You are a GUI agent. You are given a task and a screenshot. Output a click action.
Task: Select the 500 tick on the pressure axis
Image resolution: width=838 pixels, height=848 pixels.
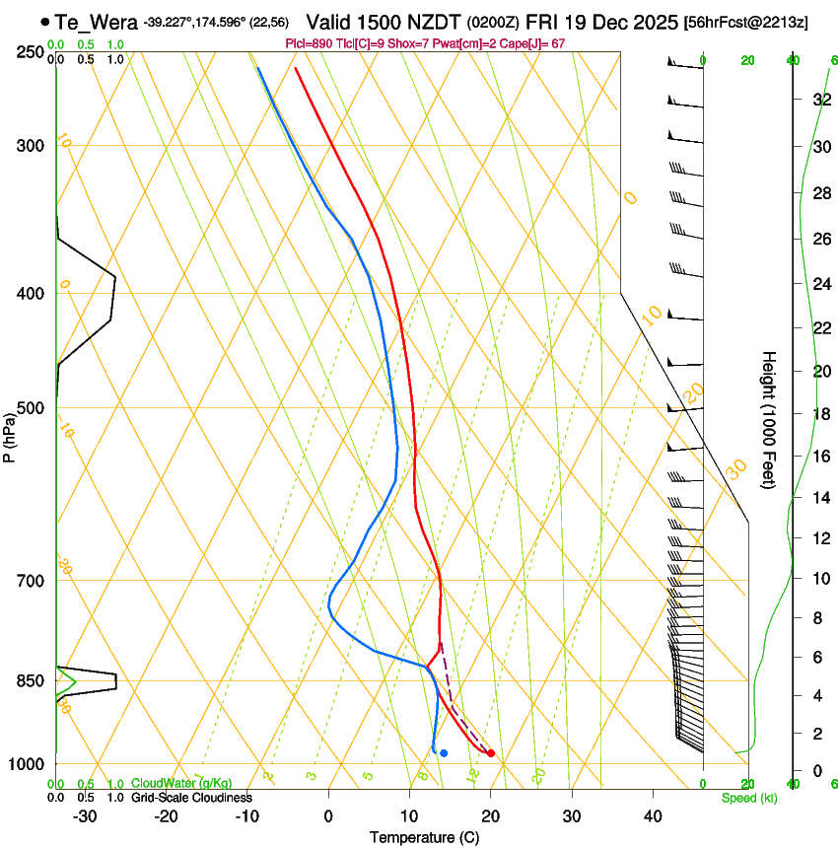[29, 408]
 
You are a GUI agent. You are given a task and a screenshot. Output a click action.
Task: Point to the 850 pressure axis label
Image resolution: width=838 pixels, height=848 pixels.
[29, 681]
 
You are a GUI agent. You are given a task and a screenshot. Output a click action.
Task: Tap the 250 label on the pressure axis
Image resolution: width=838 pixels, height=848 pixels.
[29, 51]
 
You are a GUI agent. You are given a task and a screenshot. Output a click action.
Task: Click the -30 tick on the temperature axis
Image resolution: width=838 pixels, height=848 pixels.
[85, 816]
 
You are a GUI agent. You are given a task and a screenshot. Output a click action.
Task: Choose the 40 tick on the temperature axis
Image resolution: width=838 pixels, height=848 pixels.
[653, 816]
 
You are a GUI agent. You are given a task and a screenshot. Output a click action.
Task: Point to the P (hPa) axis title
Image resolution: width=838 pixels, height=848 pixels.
[9, 435]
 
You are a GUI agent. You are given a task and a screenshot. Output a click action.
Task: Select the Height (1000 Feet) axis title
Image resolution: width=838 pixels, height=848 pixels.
[769, 419]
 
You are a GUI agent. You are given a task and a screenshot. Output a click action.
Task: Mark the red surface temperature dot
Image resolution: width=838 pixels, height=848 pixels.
[491, 754]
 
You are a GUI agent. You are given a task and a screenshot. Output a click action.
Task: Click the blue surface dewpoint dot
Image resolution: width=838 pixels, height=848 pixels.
[444, 753]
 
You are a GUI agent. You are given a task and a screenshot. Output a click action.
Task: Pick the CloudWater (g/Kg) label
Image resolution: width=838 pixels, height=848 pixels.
[181, 784]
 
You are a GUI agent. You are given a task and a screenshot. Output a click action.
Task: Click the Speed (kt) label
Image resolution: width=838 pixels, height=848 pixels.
[748, 798]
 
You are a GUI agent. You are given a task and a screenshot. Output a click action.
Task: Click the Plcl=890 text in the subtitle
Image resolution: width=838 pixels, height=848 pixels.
[308, 44]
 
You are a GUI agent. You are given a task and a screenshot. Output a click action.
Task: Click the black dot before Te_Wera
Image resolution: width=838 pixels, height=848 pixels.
[45, 22]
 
